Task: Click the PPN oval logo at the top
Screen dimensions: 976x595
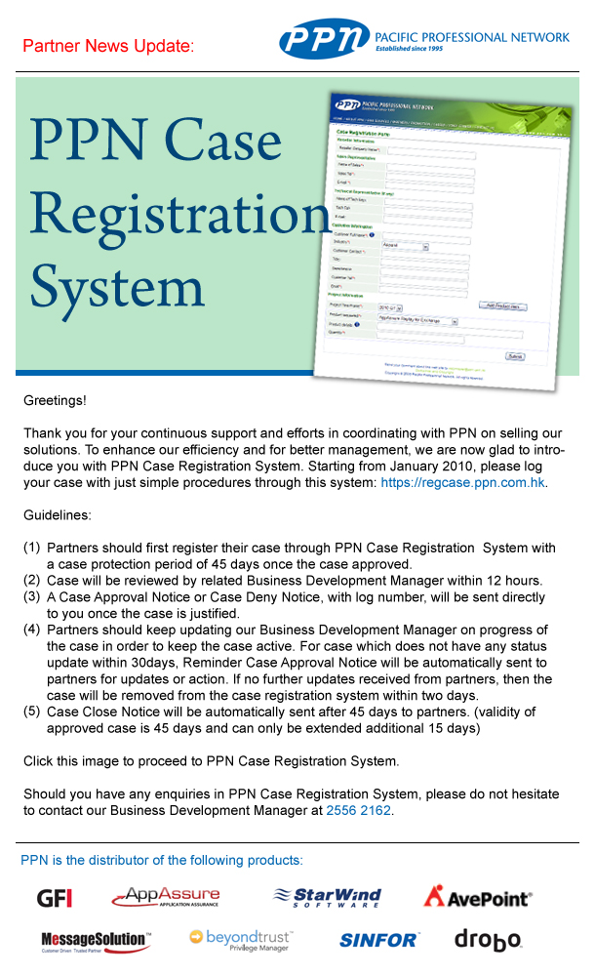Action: click(324, 39)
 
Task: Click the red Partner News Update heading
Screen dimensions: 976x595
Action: click(107, 46)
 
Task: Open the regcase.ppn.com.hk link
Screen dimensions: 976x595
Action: click(462, 482)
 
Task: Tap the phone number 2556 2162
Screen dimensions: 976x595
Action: click(358, 810)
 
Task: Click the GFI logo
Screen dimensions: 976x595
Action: click(55, 898)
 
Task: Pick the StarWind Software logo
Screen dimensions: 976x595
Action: click(327, 897)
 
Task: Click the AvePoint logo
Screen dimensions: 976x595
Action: click(477, 896)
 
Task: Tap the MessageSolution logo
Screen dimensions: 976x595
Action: click(96, 941)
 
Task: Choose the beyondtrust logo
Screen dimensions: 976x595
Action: click(241, 940)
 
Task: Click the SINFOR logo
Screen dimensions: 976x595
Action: click(379, 941)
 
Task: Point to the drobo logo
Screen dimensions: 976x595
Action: click(488, 940)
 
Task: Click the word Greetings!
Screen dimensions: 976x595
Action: click(55, 401)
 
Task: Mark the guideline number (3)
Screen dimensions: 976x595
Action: click(32, 596)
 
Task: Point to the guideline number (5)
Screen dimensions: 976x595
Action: click(32, 712)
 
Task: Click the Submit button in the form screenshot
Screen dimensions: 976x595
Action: click(514, 356)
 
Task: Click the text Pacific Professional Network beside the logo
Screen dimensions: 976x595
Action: click(472, 37)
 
